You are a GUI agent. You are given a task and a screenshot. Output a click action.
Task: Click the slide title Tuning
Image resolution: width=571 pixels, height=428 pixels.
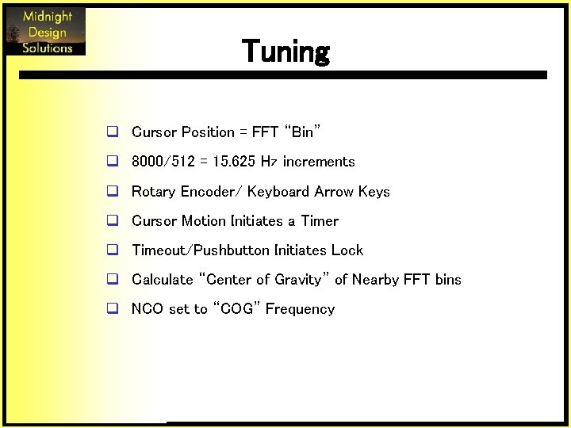pos(285,52)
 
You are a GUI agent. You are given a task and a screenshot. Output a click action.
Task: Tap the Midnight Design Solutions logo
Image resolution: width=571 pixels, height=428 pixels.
pos(46,32)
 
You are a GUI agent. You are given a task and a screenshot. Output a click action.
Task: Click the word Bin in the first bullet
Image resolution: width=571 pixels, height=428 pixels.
pos(302,132)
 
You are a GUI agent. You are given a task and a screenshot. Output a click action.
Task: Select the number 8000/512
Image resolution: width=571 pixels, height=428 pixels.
pos(163,162)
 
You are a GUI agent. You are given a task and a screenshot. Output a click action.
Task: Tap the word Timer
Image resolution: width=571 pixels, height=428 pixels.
pos(320,221)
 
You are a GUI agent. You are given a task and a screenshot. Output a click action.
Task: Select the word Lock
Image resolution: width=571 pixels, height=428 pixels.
pos(347,250)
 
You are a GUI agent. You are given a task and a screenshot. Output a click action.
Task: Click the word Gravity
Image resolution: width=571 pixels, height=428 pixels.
pos(299,280)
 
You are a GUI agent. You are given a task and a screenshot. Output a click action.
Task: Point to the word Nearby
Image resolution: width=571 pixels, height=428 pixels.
pos(376,280)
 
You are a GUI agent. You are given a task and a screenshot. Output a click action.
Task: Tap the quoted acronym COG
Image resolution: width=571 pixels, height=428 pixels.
pos(236,309)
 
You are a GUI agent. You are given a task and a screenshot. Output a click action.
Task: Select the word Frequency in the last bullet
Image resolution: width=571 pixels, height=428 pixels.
pos(300,309)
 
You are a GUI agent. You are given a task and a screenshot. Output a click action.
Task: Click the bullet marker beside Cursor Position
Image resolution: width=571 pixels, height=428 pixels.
pos(113,132)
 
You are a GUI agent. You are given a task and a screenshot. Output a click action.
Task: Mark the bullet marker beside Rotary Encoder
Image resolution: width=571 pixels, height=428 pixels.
pos(113,192)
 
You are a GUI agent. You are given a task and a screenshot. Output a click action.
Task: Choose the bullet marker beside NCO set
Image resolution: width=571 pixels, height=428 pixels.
pos(113,309)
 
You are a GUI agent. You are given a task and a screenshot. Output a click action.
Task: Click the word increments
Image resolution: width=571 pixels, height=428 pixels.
pos(319,162)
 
